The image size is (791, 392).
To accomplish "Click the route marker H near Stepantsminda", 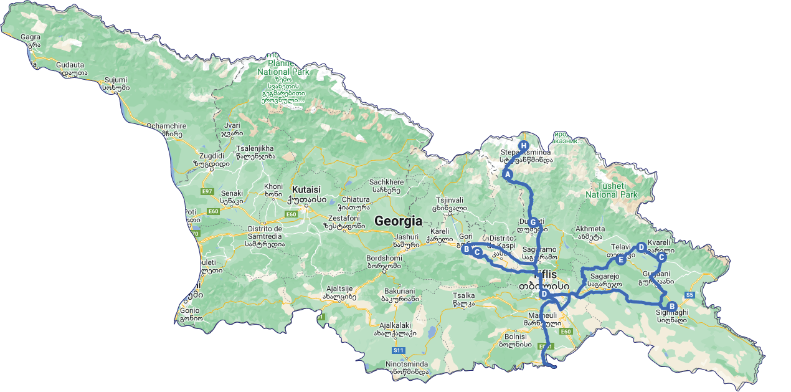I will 523,146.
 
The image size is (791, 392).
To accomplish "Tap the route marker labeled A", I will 508,174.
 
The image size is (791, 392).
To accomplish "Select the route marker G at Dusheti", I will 533,222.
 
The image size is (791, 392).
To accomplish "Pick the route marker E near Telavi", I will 621,259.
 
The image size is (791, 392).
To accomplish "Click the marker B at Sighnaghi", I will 671,306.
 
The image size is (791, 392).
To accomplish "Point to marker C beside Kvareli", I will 661,257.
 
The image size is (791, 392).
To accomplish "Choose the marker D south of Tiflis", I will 544,294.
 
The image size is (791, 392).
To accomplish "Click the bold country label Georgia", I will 398,221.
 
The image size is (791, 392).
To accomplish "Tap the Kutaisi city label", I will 306,189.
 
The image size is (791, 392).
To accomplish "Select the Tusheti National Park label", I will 612,190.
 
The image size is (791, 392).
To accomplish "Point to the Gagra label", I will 31,37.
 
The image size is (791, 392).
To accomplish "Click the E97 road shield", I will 207,191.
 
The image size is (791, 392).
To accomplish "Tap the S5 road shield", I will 689,294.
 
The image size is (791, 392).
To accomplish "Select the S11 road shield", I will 399,350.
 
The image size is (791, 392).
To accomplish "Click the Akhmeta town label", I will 590,229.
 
